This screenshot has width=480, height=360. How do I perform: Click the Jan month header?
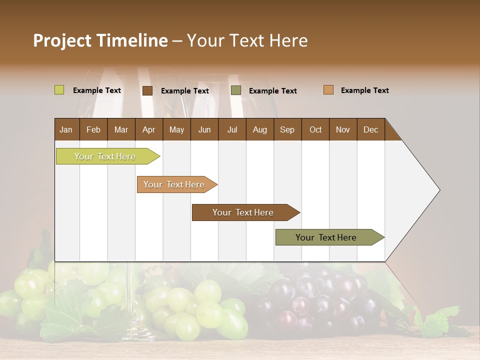click(x=66, y=129)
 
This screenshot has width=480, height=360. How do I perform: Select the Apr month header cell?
click(x=148, y=129)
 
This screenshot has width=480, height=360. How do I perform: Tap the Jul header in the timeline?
click(x=232, y=129)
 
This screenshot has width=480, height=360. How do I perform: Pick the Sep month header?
click(x=287, y=129)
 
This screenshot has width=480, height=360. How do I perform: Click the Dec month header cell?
click(x=370, y=129)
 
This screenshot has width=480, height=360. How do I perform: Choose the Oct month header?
click(x=315, y=129)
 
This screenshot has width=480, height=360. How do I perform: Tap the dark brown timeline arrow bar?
click(x=243, y=212)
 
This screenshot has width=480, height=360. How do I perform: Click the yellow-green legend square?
click(x=59, y=90)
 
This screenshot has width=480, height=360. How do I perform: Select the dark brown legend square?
click(x=147, y=90)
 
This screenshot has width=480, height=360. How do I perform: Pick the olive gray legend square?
click(x=235, y=90)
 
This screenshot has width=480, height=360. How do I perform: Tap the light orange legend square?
click(x=328, y=90)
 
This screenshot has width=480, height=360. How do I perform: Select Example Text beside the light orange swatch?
click(x=364, y=90)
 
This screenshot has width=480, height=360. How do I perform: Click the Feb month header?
click(x=93, y=129)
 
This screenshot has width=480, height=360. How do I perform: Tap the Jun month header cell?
click(x=204, y=129)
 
